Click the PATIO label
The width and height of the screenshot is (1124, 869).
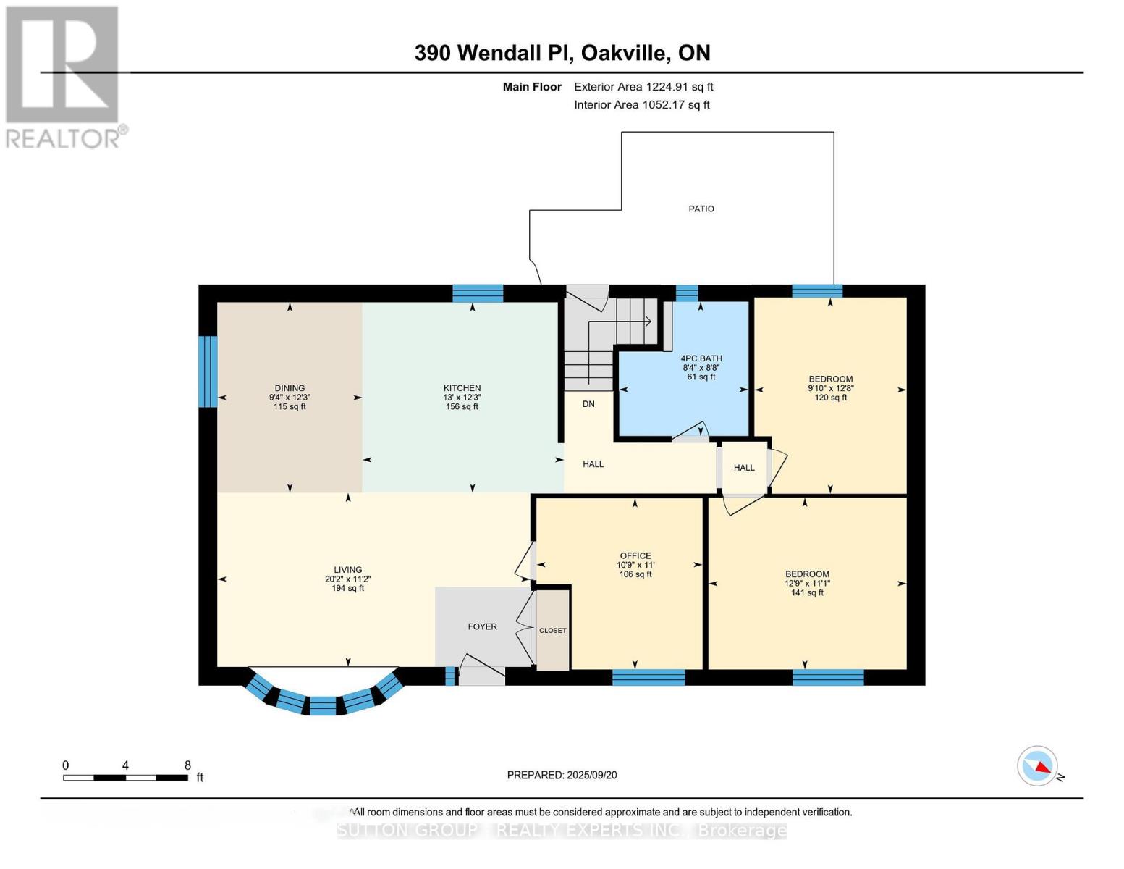coord(701,209)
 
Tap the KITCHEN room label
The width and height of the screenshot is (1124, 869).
coord(462,388)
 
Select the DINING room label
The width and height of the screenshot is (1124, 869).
coord(290,388)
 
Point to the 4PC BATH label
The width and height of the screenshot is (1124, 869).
coord(701,358)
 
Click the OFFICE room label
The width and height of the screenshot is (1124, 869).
coord(635,556)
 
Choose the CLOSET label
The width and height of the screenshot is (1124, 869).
coord(552,631)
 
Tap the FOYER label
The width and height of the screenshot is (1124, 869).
coord(482,626)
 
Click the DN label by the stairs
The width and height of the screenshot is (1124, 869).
coord(588,403)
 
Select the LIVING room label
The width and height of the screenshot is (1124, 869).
coord(347,570)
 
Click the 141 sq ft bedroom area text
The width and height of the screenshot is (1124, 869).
coord(807,593)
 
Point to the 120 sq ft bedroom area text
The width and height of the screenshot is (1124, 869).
coord(830,398)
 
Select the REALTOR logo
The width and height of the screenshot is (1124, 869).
coord(64,77)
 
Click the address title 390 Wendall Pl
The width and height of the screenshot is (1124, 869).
coord(562,53)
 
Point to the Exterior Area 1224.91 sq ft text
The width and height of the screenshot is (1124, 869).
coord(643,87)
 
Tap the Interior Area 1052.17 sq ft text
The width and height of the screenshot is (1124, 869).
coord(641,105)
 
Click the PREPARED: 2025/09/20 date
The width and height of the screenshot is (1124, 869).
coord(562,775)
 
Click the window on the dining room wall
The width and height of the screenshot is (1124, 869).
coord(208,371)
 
